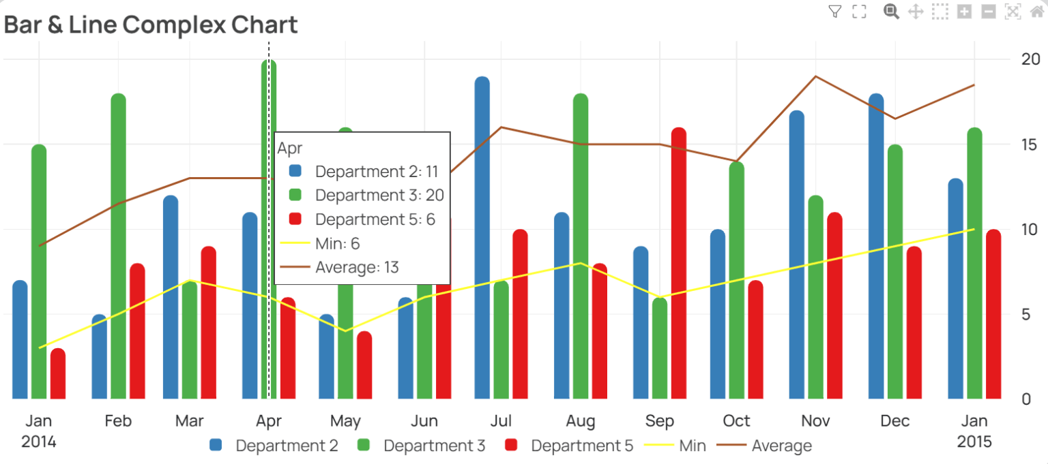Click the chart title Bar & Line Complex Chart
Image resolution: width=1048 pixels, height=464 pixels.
pyautogui.click(x=151, y=25)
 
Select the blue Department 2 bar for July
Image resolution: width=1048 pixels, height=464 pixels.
pyautogui.click(x=482, y=238)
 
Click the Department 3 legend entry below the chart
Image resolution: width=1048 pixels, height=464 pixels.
pyautogui.click(x=421, y=446)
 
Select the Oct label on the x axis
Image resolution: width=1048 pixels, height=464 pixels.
pyautogui.click(x=736, y=421)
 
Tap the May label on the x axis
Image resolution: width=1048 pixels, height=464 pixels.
pyautogui.click(x=345, y=421)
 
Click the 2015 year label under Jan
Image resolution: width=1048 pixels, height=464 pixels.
pyautogui.click(x=974, y=442)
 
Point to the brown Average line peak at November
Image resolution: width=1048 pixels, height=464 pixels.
pyautogui.click(x=815, y=76)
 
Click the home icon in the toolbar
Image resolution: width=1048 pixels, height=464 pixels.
pyautogui.click(x=1037, y=11)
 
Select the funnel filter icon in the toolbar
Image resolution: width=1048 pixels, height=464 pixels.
pyautogui.click(x=834, y=11)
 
